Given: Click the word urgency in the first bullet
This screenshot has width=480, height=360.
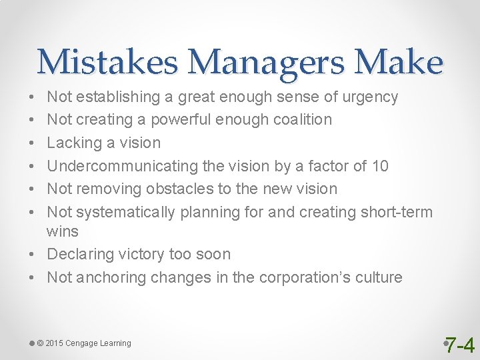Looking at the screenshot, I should pos(370,97).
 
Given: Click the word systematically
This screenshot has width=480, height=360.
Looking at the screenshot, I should pos(125,212).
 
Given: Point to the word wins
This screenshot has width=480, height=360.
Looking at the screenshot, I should pos(63,231).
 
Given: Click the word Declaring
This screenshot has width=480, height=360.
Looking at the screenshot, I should pos(77,255).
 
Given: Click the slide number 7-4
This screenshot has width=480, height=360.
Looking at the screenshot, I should pos(460,345).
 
